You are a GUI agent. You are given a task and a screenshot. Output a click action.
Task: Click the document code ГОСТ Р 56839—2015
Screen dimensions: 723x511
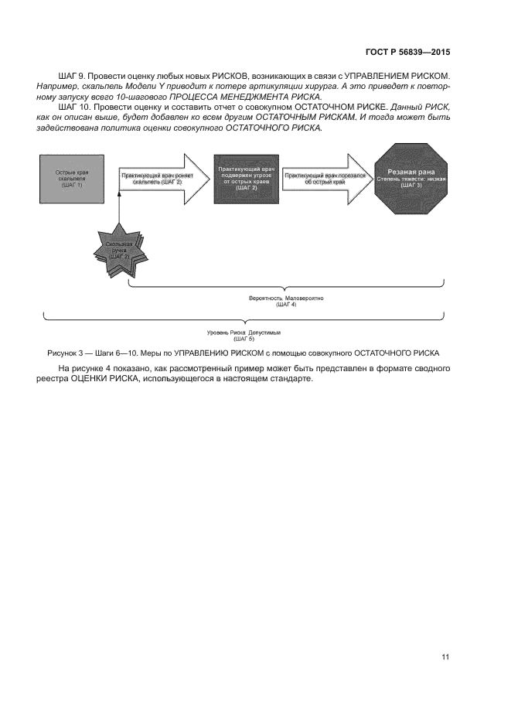point(407,52)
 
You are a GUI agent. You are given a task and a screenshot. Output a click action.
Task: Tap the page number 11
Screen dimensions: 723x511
point(445,656)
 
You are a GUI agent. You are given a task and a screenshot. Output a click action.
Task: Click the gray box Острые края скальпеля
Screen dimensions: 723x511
point(70,179)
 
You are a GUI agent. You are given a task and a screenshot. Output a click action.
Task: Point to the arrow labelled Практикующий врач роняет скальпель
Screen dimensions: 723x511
point(155,179)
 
